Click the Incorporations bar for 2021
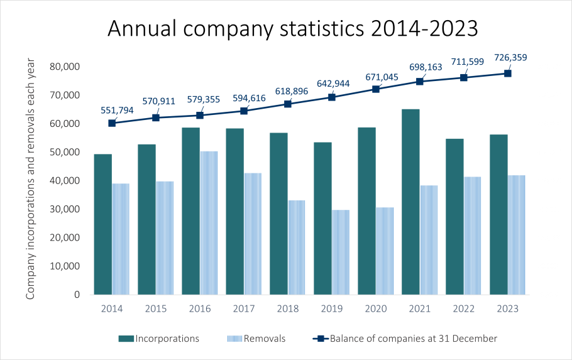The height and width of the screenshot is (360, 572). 411,201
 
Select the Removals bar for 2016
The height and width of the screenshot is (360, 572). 209,222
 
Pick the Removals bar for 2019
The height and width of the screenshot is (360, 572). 341,252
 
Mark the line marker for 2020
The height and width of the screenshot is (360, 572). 376,89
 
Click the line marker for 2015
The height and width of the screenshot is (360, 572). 156,118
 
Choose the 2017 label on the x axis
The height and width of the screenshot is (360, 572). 244,309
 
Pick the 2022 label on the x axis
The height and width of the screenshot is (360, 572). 464,309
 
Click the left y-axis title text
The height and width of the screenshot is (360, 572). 31,179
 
